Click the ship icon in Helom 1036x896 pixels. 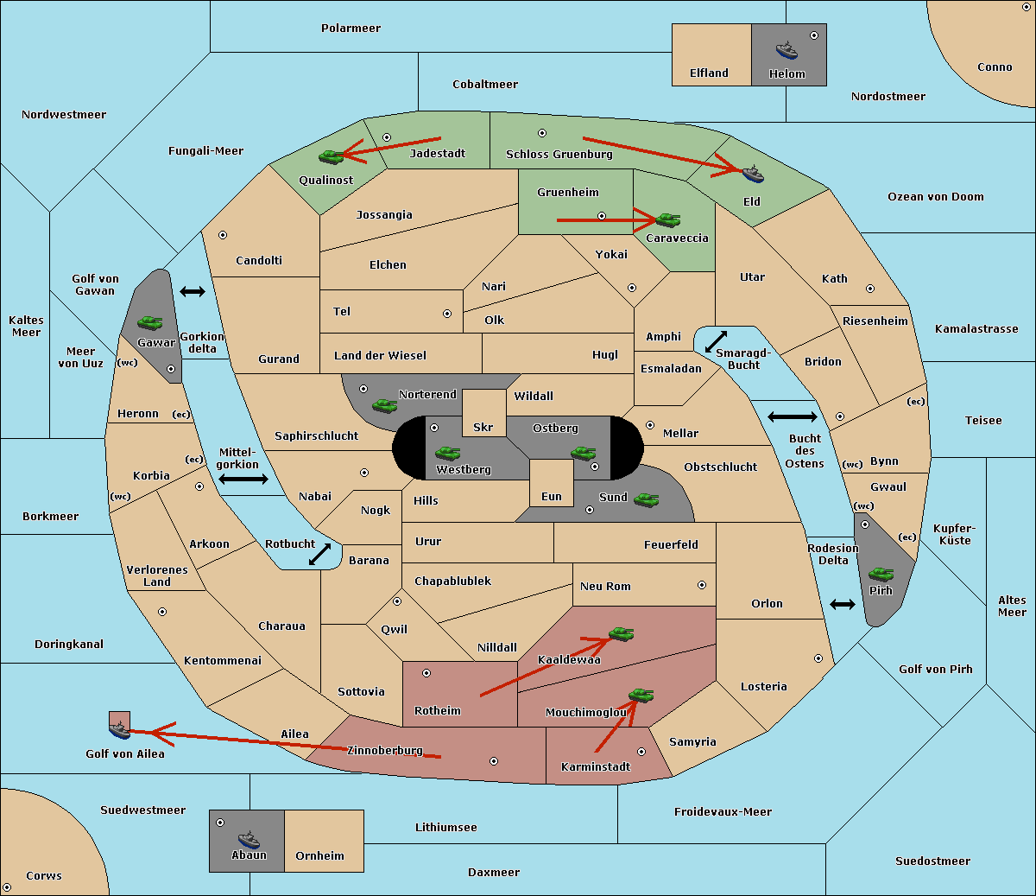[x=786, y=50]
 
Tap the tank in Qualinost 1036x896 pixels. [x=332, y=156]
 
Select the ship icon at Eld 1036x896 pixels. [x=753, y=173]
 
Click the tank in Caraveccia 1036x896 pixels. [x=668, y=219]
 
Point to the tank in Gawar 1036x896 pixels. [x=150, y=323]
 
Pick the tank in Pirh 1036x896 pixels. [x=881, y=574]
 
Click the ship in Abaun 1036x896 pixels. [x=249, y=839]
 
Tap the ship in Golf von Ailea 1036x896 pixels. [x=120, y=729]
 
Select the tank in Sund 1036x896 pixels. [x=647, y=499]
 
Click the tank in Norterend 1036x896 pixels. [x=385, y=405]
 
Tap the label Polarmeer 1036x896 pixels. [x=351, y=29]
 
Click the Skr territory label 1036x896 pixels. [x=483, y=427]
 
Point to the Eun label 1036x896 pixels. [x=552, y=496]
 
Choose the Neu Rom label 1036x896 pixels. [x=605, y=586]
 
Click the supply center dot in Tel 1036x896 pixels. [x=447, y=314]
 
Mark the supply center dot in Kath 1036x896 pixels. [x=870, y=289]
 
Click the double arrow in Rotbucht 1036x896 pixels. [x=319, y=554]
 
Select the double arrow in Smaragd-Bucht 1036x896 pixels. [x=716, y=341]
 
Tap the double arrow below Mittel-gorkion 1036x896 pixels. [x=243, y=479]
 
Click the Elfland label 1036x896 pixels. [x=709, y=73]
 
